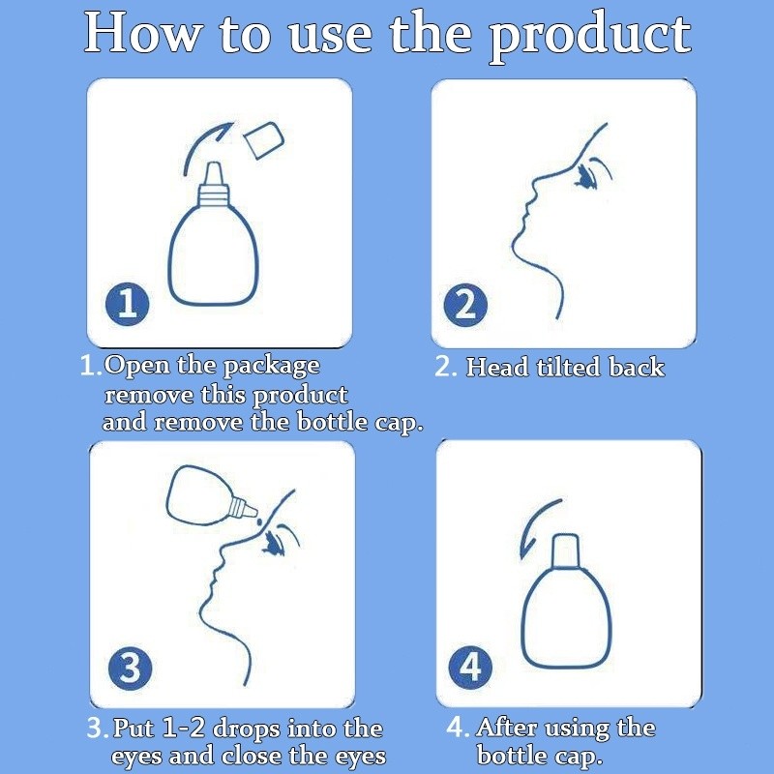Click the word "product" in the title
[x=590, y=38]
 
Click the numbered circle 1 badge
[x=128, y=304]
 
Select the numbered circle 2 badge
[x=465, y=305]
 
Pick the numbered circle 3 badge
[x=131, y=668]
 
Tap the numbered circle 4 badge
[x=470, y=667]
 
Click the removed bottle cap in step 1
[x=264, y=140]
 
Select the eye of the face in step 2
[x=585, y=177]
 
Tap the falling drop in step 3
[x=258, y=521]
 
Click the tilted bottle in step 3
[x=211, y=494]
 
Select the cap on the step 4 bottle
[x=565, y=551]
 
